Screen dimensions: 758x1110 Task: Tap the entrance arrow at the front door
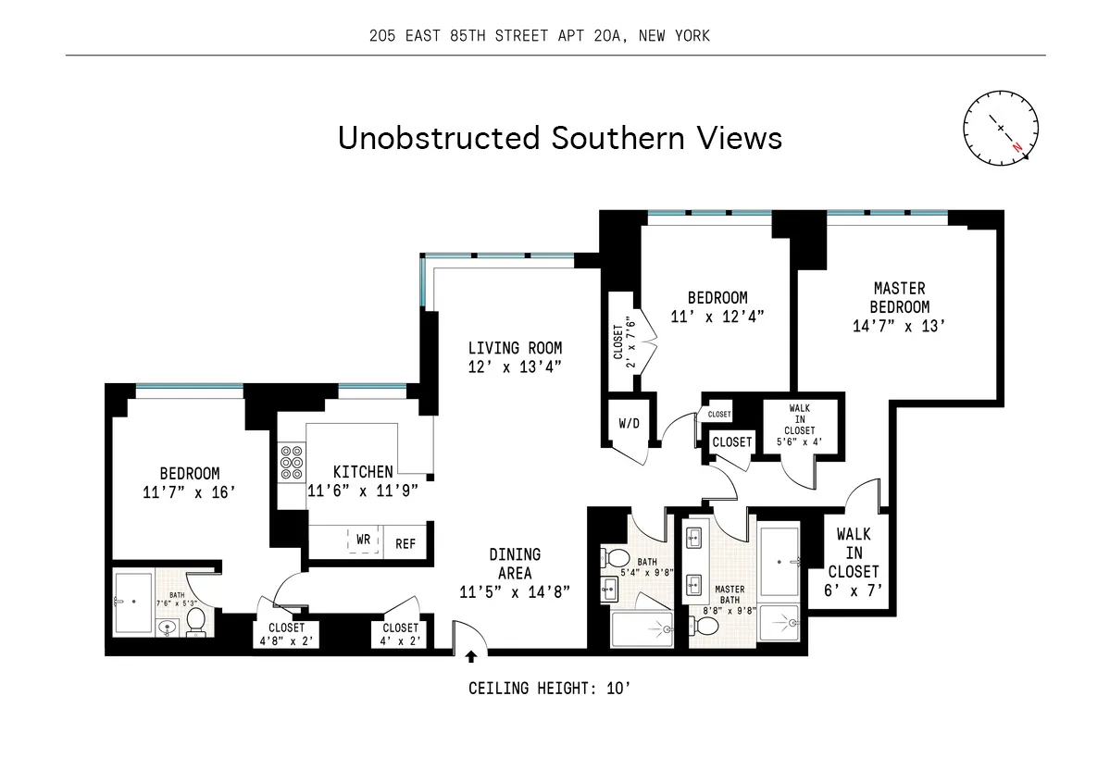click(471, 657)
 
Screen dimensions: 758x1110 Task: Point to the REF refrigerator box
click(405, 544)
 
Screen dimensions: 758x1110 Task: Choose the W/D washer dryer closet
click(629, 424)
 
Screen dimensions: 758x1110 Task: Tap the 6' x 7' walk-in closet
click(853, 562)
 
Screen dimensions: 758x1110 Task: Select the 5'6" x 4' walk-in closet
click(802, 425)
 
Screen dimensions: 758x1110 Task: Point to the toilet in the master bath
click(706, 627)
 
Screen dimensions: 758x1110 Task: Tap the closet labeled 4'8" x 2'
click(286, 634)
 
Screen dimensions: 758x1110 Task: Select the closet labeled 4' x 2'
click(401, 634)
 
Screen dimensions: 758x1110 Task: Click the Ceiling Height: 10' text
click(550, 689)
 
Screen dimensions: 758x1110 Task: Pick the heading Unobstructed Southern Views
click(559, 138)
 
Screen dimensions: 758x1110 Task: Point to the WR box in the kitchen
click(365, 538)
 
